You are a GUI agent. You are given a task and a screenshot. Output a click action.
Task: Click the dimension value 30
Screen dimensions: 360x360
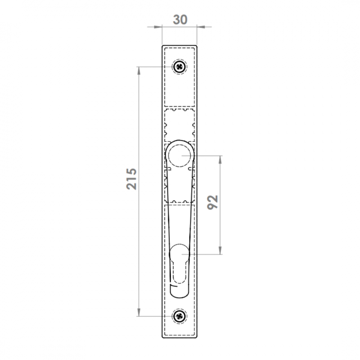180,19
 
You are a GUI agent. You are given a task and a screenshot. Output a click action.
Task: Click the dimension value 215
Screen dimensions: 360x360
131,179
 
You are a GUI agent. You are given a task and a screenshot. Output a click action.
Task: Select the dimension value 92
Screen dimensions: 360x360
212,202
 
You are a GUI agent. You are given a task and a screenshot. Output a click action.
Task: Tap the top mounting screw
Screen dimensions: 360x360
179,67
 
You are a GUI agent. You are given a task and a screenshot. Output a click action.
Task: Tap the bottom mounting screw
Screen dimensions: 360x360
180,316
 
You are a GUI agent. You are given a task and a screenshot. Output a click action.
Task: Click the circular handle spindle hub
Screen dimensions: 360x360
180,155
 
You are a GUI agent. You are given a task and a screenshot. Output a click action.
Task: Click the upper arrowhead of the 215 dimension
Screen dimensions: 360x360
139,71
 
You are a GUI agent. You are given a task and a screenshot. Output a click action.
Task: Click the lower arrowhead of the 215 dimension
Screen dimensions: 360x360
139,312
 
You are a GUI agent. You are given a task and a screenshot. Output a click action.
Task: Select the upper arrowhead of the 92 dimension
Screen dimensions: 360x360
220,159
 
